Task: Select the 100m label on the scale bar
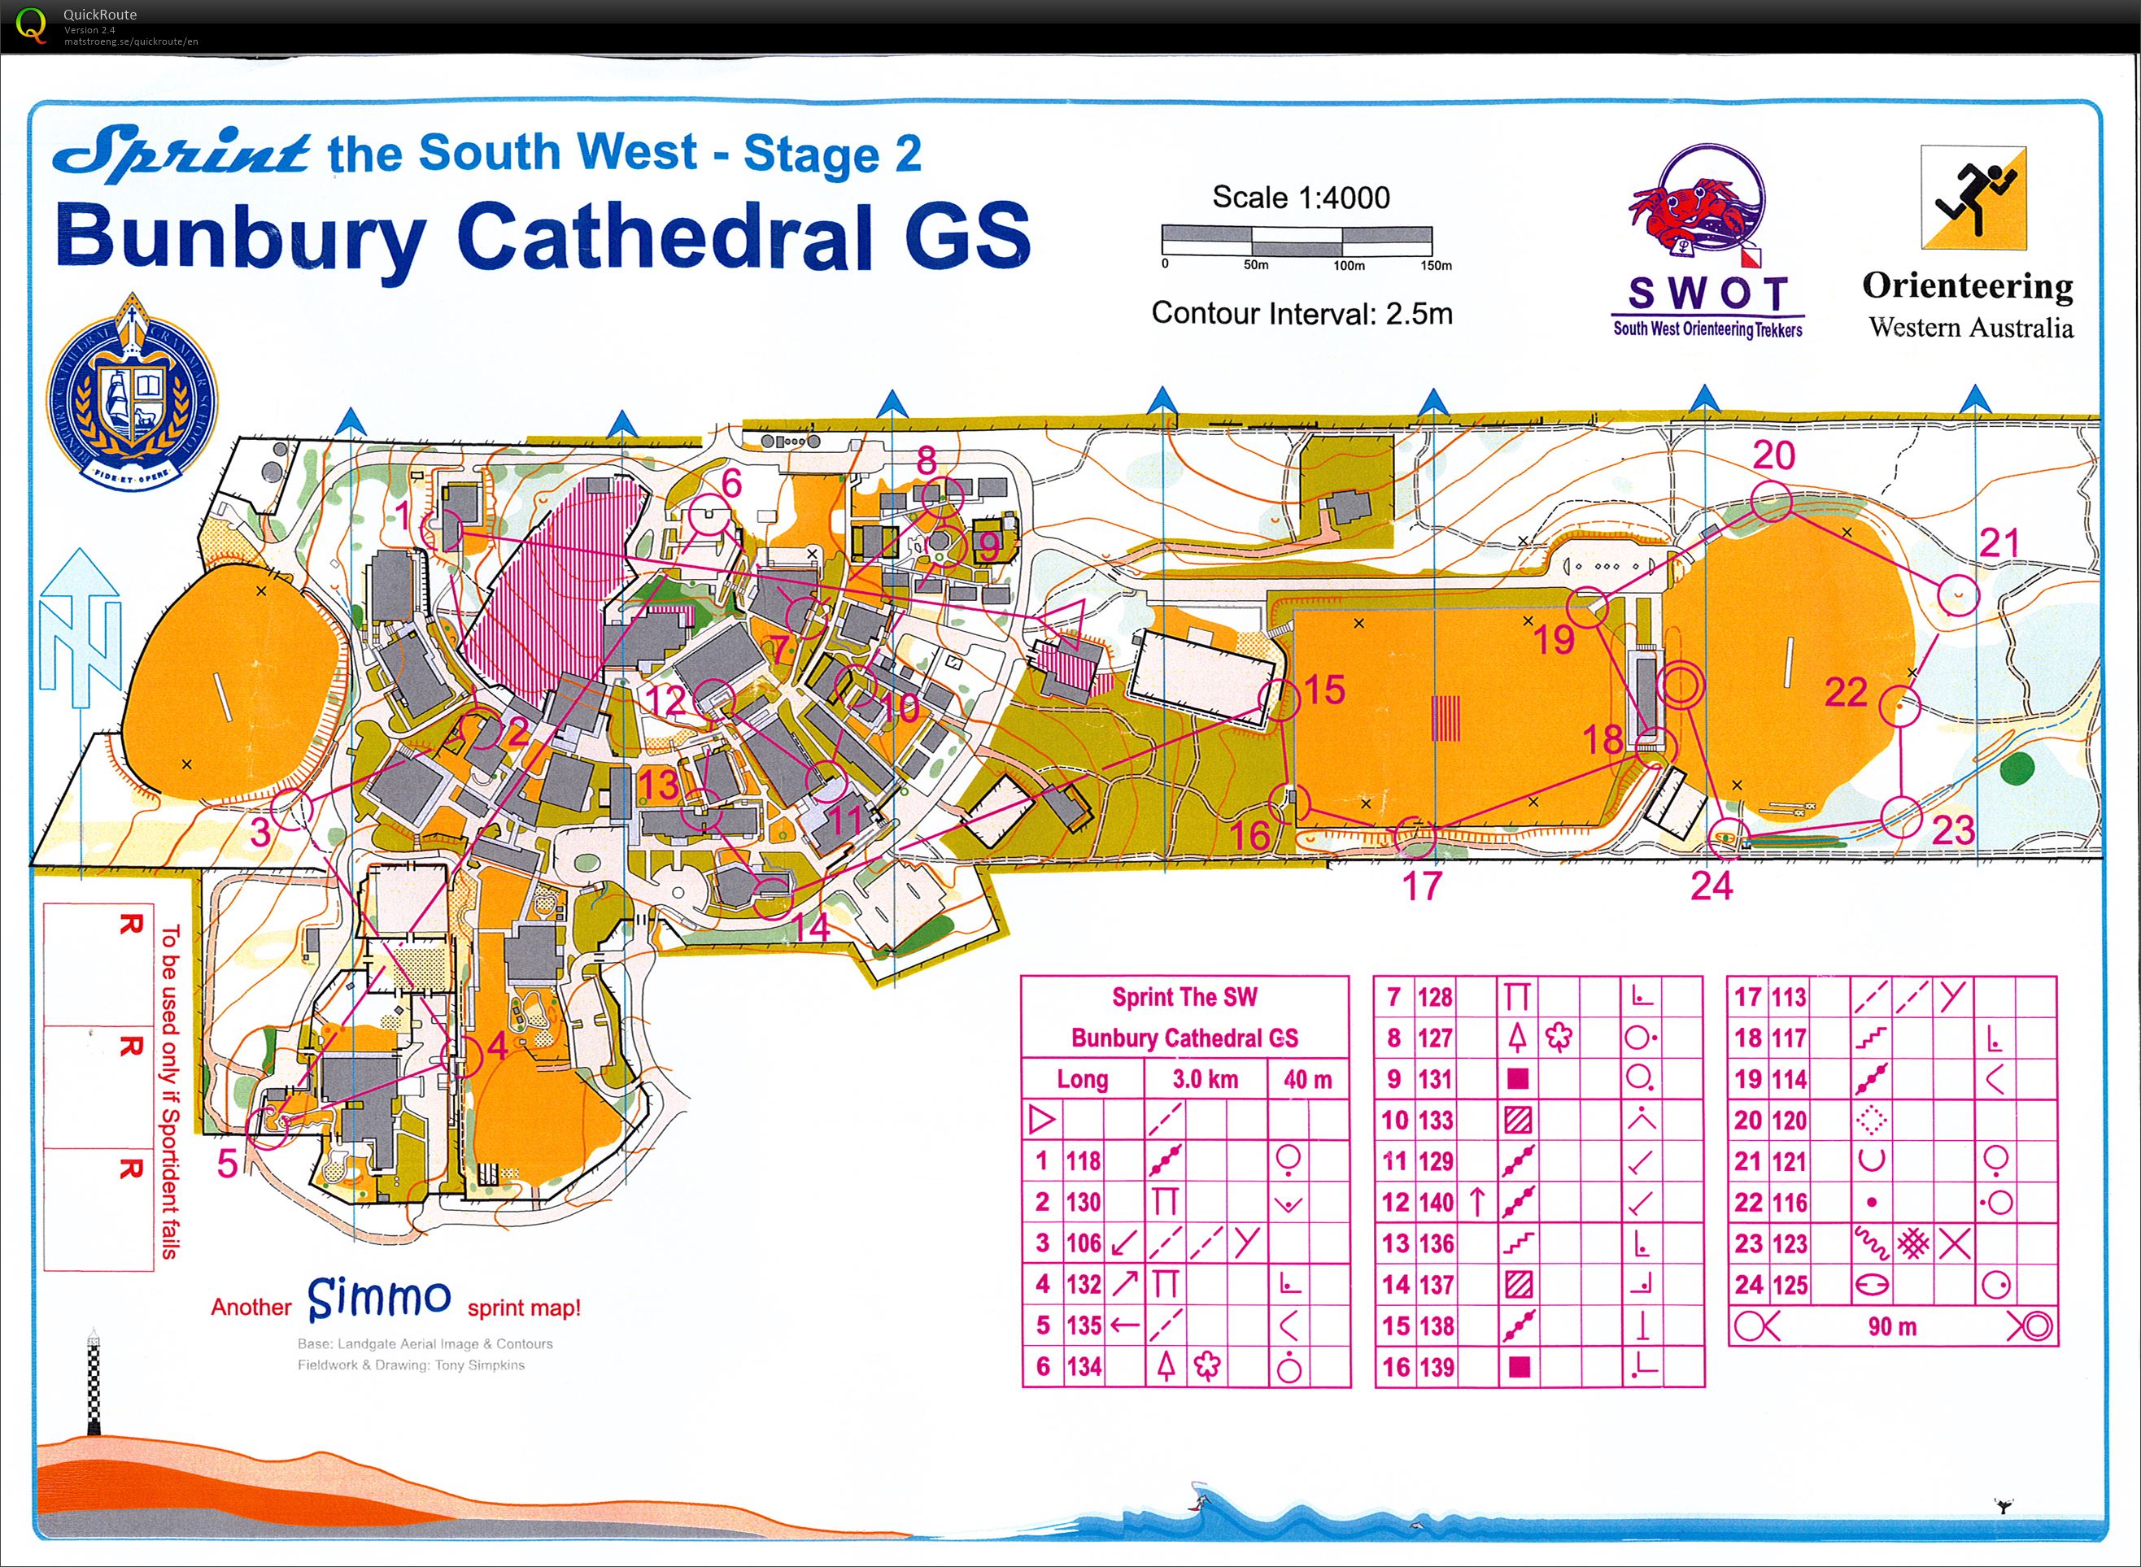click(1348, 267)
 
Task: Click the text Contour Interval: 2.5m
click(1302, 314)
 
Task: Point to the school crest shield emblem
click(133, 392)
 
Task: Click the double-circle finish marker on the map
click(1679, 685)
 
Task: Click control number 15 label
click(1324, 690)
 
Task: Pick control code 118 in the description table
click(1083, 1161)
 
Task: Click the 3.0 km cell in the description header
click(1205, 1079)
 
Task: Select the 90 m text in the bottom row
click(1891, 1327)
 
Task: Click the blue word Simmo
click(378, 1298)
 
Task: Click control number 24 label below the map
click(1711, 886)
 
